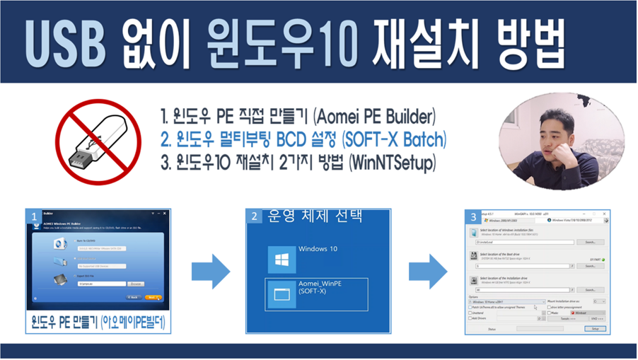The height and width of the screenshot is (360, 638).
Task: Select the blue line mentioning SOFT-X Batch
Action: pos(303,139)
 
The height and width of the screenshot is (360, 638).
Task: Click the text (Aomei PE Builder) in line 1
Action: pos(374,115)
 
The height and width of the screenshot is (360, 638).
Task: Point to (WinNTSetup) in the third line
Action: pos(393,163)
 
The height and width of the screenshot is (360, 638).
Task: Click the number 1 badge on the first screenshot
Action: pos(33,216)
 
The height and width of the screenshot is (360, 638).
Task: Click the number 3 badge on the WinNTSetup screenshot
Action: pos(473,216)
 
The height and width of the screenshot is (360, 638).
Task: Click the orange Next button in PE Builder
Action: pos(152,298)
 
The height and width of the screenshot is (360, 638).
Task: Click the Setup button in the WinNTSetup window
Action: pos(595,329)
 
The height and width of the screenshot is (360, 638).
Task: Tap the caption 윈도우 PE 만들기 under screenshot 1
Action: pos(98,324)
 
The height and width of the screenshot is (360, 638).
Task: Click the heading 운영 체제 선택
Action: pos(315,216)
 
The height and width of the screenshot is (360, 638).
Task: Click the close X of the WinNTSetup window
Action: pos(605,214)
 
